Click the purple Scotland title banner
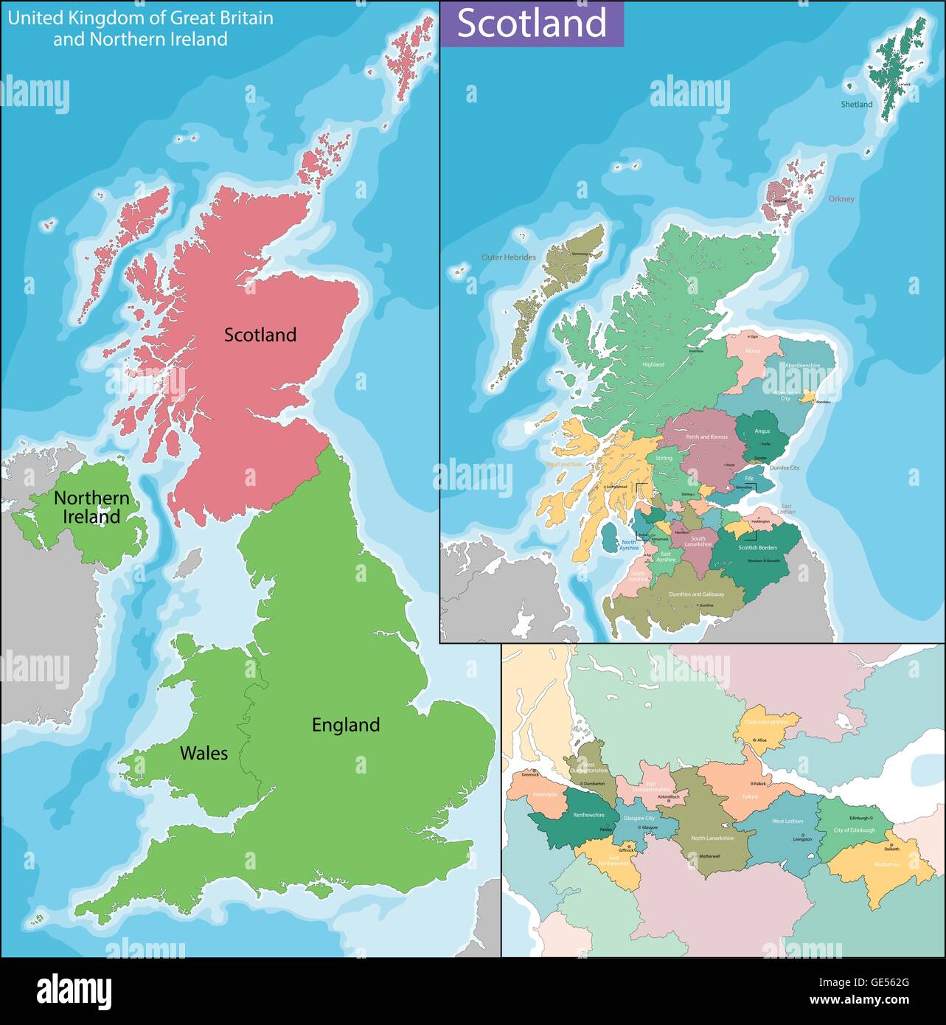[x=532, y=24]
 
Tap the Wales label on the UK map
[x=204, y=753]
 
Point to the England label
[x=346, y=725]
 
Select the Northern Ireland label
[x=91, y=507]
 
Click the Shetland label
[x=857, y=105]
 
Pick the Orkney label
[x=841, y=199]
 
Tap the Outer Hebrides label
[x=509, y=257]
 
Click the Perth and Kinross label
[x=707, y=437]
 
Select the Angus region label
[x=762, y=431]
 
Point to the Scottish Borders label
[x=758, y=548]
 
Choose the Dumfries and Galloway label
[x=696, y=594]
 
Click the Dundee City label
[x=784, y=468]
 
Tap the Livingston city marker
[x=802, y=834]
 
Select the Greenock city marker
[x=530, y=770]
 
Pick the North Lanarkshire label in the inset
[x=712, y=838]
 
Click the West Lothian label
[x=787, y=821]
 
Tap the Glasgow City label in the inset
[x=639, y=819]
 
